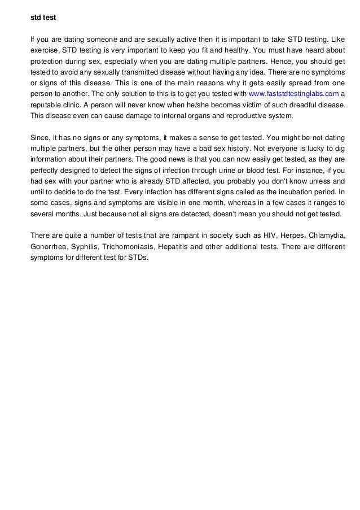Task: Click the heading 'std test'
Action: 42,17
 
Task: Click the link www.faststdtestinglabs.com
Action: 293,93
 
